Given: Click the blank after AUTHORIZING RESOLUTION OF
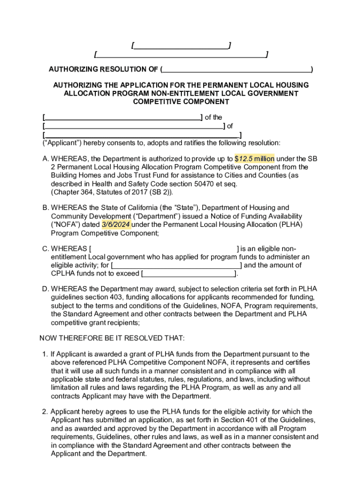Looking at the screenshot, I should (236, 70).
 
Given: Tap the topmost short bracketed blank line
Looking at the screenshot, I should (181, 45).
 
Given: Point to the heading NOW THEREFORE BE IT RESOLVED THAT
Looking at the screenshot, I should (112, 338).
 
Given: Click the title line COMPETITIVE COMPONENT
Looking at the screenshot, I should (181, 102).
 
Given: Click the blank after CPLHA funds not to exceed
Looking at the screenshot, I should (189, 273).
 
